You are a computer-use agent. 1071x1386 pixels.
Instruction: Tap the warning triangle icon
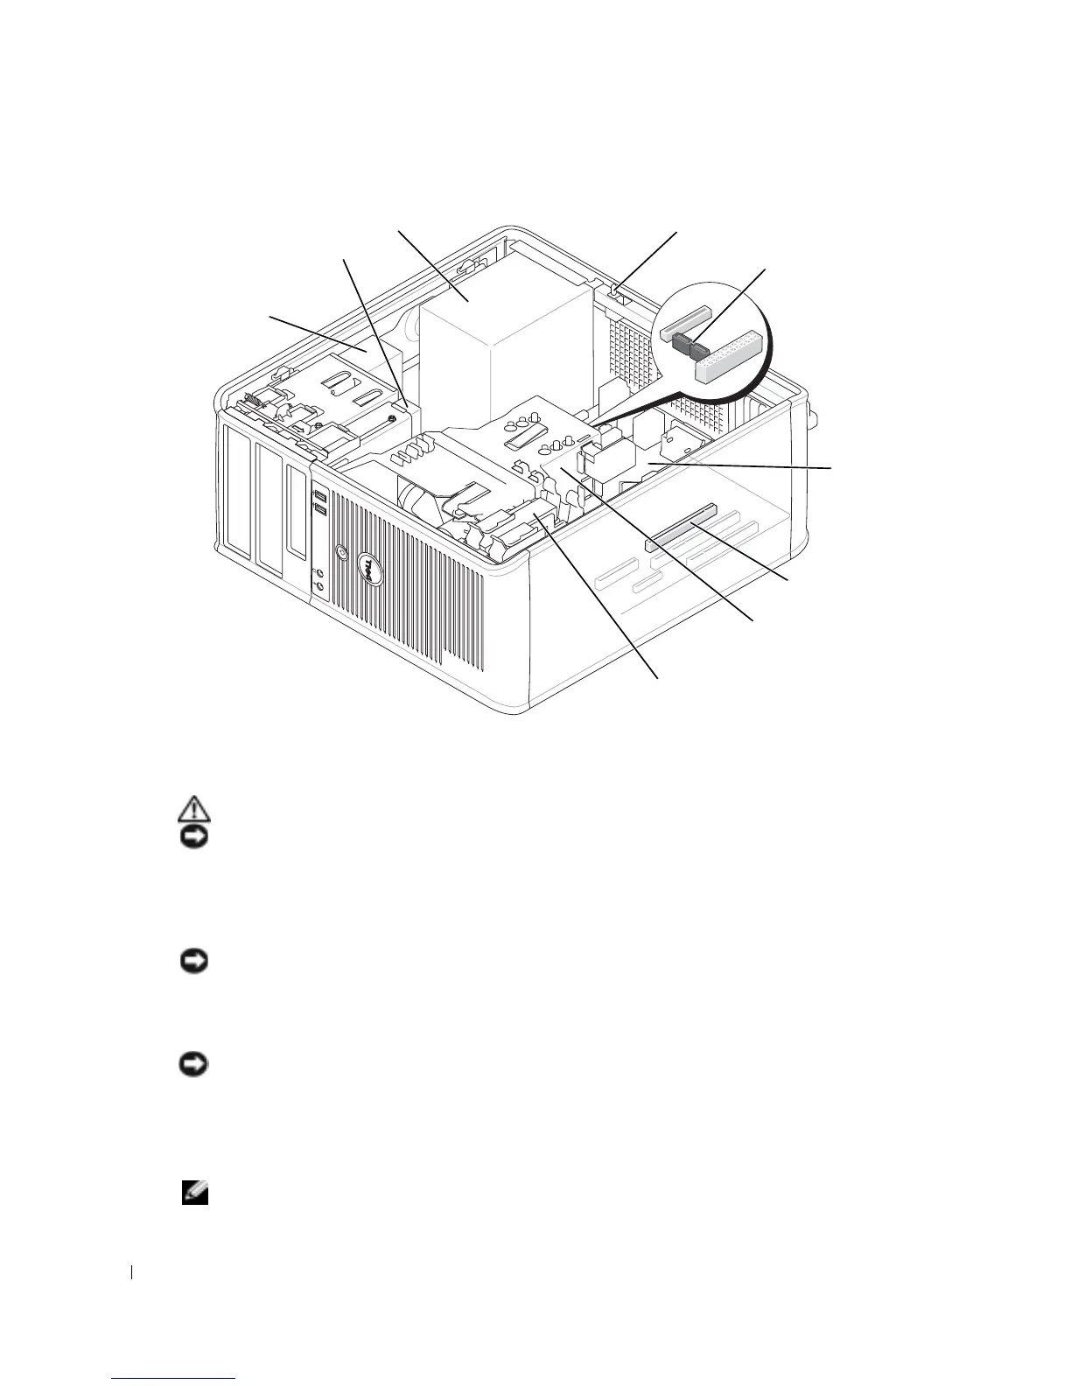coord(192,808)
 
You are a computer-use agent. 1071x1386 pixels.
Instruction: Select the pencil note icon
coord(192,1192)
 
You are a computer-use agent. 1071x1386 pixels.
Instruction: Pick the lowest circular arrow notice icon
coord(192,1065)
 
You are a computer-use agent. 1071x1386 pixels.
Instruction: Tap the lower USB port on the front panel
coord(319,508)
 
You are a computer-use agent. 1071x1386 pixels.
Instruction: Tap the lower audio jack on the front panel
coord(318,588)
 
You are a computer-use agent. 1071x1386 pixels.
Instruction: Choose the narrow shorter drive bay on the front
coord(297,516)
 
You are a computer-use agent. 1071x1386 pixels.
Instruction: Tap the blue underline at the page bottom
coord(174,1379)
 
